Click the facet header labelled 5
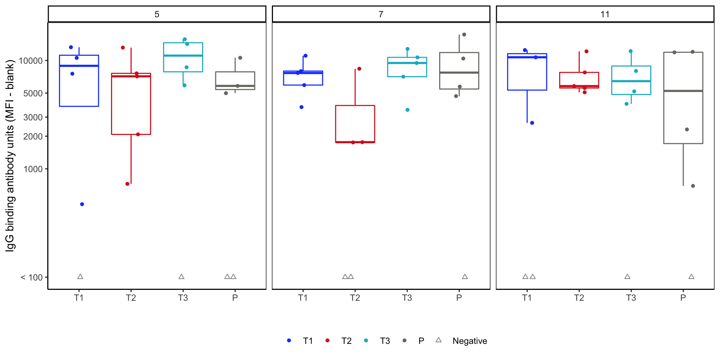[157, 14]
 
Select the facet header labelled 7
[381, 14]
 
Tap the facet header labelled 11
[605, 14]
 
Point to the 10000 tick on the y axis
[31, 61]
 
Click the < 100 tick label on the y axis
[31, 277]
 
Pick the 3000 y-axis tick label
[33, 117]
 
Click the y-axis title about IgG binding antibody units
[10, 156]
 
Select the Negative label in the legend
[469, 341]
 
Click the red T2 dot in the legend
[327, 340]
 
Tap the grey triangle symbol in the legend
[438, 340]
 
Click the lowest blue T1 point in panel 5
[82, 204]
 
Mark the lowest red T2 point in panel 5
[127, 184]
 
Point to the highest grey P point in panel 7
[464, 34]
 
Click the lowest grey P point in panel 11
[693, 186]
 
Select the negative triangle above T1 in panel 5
[80, 277]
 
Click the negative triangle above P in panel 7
[465, 277]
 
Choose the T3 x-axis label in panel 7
[407, 298]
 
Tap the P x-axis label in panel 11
[683, 298]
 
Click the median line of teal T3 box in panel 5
[183, 55]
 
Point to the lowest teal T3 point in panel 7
[408, 110]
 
